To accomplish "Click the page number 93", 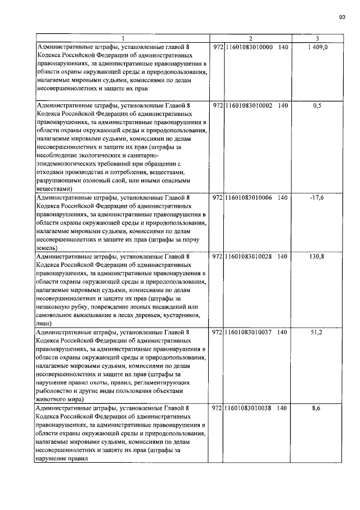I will click(341, 17).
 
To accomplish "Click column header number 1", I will click(122, 38).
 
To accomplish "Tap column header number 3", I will click(318, 38).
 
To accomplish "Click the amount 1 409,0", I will click(318, 47).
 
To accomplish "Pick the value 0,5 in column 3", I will click(318, 105).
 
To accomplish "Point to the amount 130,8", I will click(318, 256).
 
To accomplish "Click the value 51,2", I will click(318, 332).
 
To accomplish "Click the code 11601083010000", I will click(249, 47).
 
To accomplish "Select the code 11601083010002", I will click(249, 105).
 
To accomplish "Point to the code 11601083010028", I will click(249, 256).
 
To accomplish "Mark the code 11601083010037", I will click(249, 332).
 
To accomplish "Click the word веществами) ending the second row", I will click(55, 189).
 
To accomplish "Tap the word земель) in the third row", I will click(47, 248).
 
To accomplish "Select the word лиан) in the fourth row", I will click(45, 324).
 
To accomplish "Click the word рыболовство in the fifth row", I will click(56, 391).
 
